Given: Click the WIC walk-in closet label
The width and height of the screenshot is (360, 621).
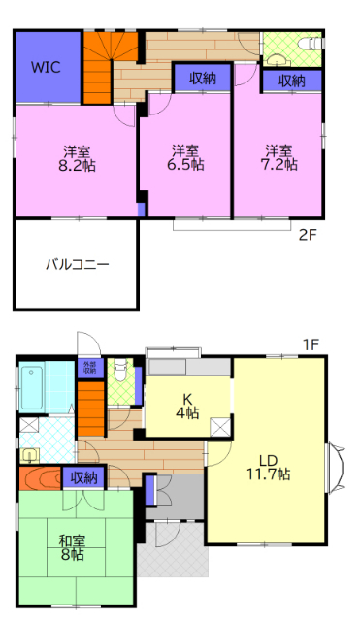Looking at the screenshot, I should tap(46, 68).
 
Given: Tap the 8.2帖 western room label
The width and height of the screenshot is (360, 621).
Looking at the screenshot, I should tap(78, 158).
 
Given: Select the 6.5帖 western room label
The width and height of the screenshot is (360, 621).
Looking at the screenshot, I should tap(185, 158).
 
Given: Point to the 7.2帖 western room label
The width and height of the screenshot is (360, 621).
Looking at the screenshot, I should tap(279, 158).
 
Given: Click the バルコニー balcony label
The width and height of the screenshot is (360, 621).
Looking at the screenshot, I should tap(77, 264).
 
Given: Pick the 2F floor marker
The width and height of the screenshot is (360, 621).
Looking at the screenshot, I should tap(308, 234).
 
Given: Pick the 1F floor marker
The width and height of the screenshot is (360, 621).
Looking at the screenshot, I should tap(311, 344).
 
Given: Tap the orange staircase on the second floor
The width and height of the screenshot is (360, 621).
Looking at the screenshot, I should tap(98, 66).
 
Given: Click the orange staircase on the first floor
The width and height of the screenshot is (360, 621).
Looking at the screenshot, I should tap(90, 408).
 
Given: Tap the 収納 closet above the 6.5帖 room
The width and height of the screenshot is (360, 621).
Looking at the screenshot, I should tap(203, 79).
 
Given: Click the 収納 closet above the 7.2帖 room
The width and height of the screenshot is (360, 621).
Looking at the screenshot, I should tap(292, 81).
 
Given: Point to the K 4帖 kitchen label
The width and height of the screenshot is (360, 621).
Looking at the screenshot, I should tap(187, 406).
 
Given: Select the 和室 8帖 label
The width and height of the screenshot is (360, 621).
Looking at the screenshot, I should tap(73, 548).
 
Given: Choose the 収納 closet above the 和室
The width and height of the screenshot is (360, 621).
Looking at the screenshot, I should tap(83, 477).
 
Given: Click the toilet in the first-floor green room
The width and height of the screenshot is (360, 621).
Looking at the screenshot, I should tap(119, 370).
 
